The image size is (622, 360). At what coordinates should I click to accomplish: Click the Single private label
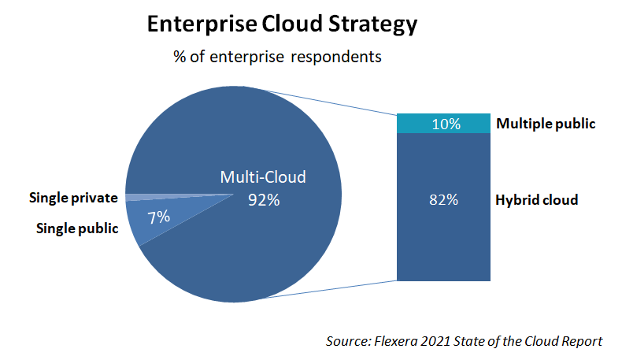73,197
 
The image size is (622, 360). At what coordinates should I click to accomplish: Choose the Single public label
77,228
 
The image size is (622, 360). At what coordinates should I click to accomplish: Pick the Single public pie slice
146,225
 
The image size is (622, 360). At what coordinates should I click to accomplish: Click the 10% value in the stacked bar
445,124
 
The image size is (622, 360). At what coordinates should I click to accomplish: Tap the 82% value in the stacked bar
445,200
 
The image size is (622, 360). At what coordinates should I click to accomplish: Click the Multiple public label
545,124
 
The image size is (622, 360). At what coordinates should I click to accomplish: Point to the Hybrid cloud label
536,200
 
